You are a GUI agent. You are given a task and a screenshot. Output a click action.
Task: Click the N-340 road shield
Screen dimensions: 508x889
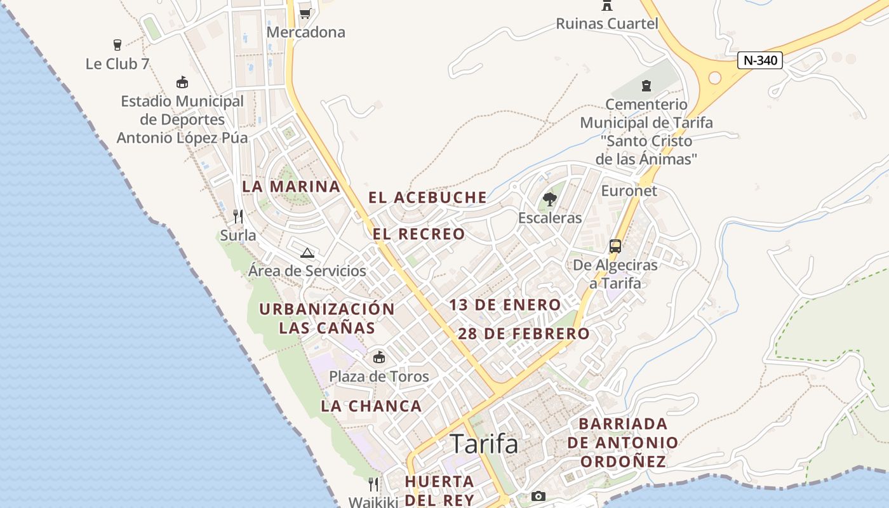pos(760,60)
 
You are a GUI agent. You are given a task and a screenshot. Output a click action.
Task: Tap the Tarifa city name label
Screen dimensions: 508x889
pos(484,444)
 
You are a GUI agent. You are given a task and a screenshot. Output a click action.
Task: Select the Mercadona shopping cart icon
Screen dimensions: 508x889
pos(305,13)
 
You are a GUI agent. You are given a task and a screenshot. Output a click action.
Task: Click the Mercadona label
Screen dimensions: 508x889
pos(306,32)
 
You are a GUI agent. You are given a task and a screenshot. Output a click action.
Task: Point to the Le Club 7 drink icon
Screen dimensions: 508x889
pos(117,45)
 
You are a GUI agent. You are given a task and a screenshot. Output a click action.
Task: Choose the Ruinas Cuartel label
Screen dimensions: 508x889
pos(607,24)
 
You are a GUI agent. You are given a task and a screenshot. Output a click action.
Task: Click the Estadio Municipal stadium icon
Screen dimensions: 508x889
pos(182,83)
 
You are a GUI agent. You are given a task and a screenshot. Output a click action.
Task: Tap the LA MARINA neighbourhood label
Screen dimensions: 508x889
pos(291,187)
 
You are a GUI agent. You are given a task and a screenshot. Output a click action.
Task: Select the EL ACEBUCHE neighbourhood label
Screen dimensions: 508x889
pos(428,197)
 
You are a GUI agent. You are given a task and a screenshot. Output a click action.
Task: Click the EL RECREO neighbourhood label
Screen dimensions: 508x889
pos(419,234)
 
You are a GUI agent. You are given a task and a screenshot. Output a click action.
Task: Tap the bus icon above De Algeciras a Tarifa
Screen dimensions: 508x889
pos(615,246)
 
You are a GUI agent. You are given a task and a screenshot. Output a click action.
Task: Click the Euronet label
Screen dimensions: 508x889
pos(629,190)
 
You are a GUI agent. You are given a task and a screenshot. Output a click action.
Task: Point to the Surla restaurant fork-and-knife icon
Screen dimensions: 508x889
pos(238,217)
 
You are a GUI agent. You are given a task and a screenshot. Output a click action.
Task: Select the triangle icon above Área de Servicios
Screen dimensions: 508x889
pos(307,253)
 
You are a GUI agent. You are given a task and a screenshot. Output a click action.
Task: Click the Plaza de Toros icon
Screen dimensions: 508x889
pos(379,357)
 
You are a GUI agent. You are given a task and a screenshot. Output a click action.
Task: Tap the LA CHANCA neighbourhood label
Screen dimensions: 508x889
pos(371,406)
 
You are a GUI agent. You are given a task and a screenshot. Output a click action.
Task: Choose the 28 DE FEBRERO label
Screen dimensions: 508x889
pos(524,333)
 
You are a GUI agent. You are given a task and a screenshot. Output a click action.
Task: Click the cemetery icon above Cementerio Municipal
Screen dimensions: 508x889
pos(646,85)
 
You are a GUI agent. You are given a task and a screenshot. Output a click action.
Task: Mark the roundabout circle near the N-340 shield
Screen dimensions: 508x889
pos(715,77)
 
